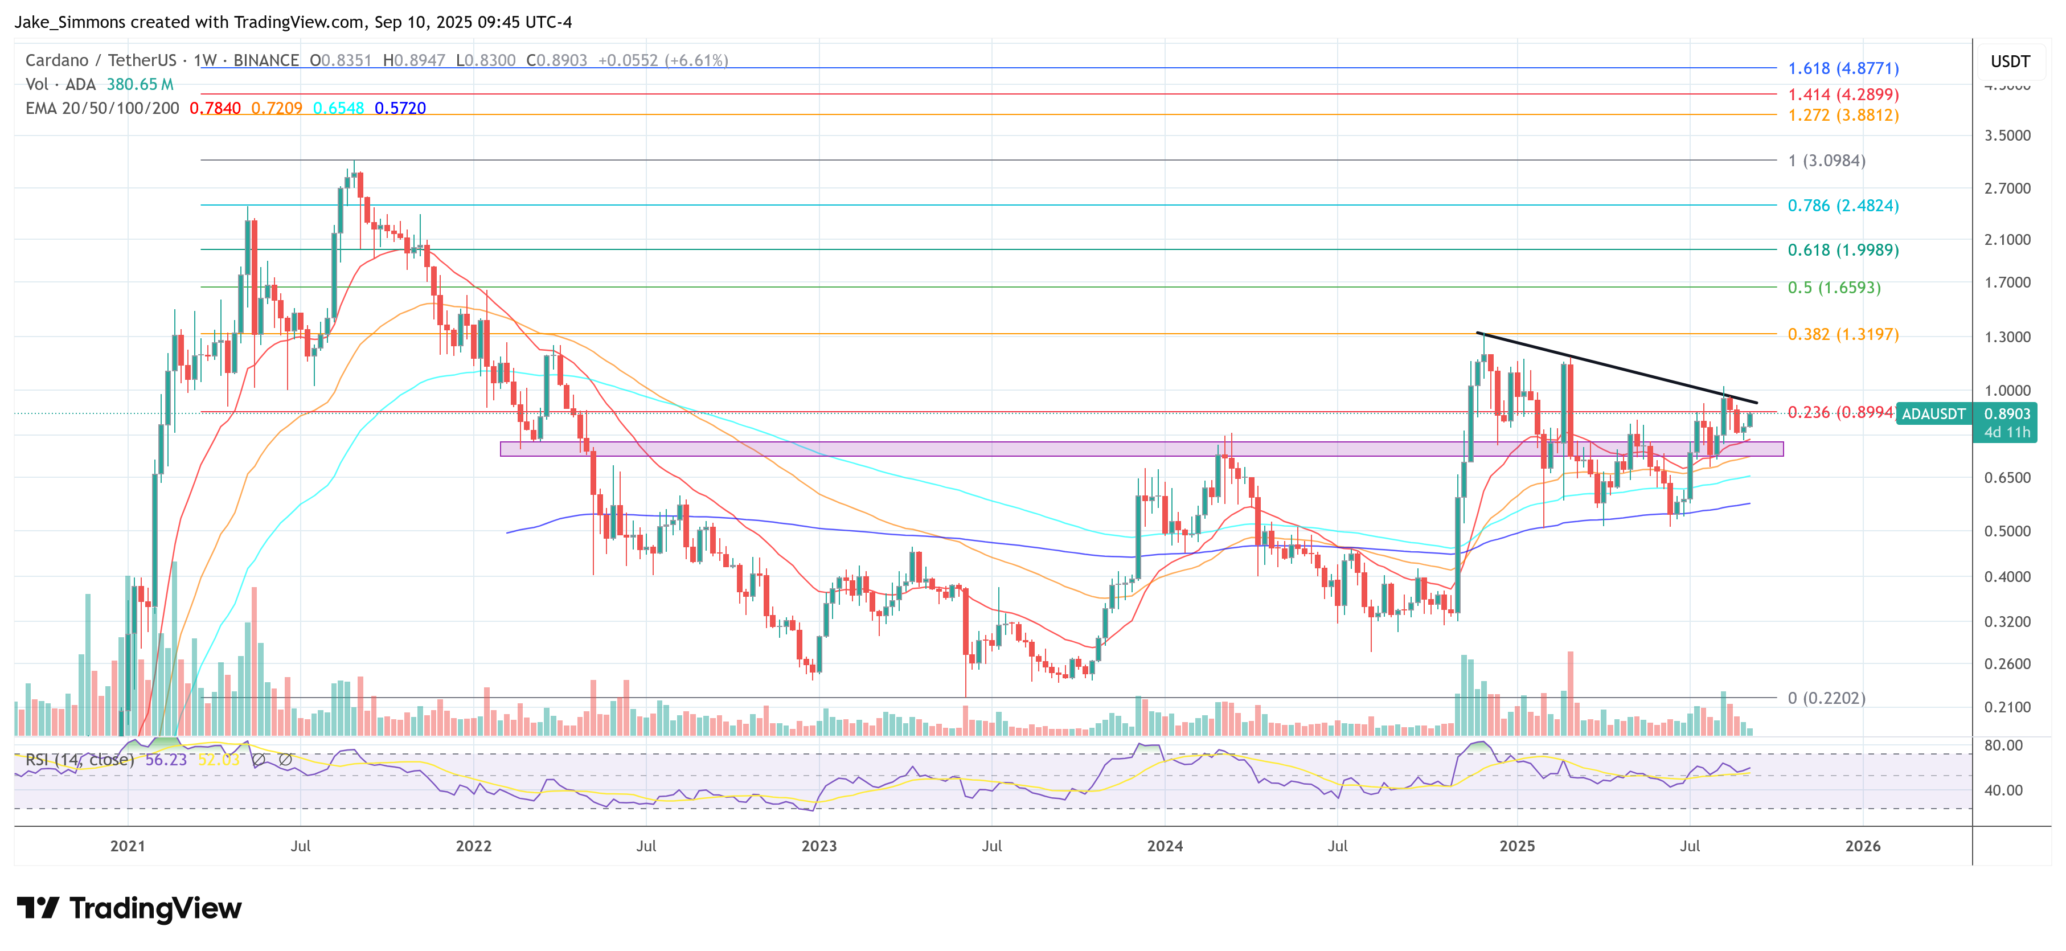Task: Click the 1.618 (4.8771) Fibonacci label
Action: click(1842, 68)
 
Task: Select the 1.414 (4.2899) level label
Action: click(1842, 95)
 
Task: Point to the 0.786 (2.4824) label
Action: click(1842, 205)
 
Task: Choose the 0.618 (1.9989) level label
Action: click(1842, 249)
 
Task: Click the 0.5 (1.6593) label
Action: click(1834, 287)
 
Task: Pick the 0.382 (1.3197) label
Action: click(1842, 334)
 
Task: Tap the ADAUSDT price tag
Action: click(1933, 414)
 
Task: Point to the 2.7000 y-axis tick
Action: click(2007, 188)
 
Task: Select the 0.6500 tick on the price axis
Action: click(2007, 477)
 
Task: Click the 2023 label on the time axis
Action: click(819, 846)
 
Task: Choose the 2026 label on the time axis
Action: click(1862, 846)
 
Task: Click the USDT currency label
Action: click(2010, 62)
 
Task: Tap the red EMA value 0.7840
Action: click(215, 108)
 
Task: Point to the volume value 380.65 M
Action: click(140, 84)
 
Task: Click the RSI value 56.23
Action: click(165, 759)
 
